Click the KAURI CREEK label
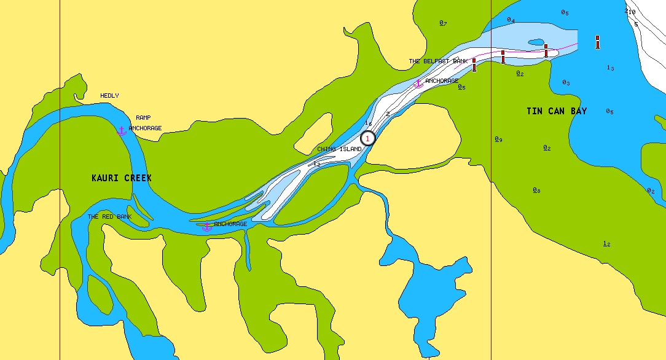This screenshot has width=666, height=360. tap(121, 178)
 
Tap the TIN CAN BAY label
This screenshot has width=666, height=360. tap(557, 111)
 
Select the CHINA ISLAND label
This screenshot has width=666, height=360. tap(339, 149)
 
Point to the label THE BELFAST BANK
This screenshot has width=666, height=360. tap(438, 61)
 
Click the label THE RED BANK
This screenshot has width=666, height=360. tap(109, 217)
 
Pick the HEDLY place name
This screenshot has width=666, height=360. tap(109, 96)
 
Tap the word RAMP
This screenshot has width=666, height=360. tap(143, 117)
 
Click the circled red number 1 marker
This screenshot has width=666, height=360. tap(367, 139)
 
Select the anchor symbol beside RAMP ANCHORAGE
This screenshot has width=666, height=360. tap(122, 130)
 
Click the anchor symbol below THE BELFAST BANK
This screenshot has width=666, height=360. tap(418, 82)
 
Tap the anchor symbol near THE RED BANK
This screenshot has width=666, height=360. tap(207, 226)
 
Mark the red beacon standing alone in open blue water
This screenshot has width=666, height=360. tap(597, 42)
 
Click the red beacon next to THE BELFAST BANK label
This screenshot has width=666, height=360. tap(474, 65)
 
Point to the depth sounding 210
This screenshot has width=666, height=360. tap(630, 12)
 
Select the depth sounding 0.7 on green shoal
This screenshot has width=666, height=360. tap(443, 23)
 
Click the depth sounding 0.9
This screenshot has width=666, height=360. tap(498, 139)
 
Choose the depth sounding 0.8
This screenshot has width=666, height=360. tap(536, 190)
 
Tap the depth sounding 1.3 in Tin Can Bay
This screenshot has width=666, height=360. tap(610, 68)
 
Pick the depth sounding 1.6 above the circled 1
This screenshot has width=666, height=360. tap(369, 123)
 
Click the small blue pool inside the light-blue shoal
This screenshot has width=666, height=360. tap(536, 42)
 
